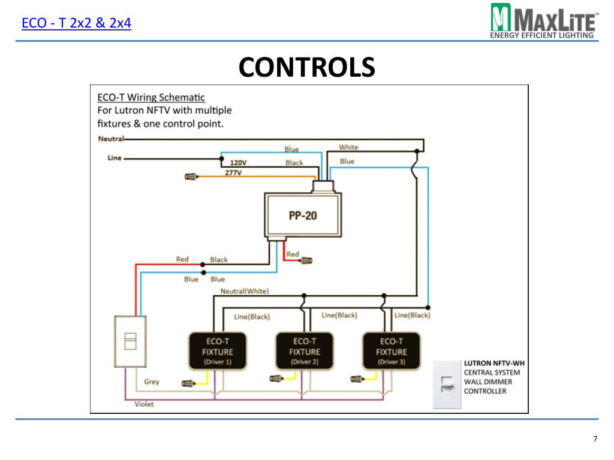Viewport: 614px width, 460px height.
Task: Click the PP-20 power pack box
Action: pyautogui.click(x=303, y=215)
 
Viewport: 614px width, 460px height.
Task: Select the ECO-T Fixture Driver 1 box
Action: pyautogui.click(x=218, y=351)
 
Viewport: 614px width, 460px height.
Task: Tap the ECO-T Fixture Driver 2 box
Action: pyautogui.click(x=305, y=351)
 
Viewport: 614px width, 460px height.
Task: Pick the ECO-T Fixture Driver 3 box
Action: pyautogui.click(x=392, y=351)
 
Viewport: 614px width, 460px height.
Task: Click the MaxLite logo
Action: pyautogui.click(x=544, y=21)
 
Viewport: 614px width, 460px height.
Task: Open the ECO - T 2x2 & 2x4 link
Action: pyautogui.click(x=76, y=23)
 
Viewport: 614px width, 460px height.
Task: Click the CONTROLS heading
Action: pyautogui.click(x=306, y=67)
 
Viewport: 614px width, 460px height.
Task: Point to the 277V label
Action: pyautogui.click(x=233, y=172)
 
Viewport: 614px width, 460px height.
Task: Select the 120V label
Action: pyautogui.click(x=238, y=163)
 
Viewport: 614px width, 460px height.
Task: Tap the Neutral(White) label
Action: pyautogui.click(x=245, y=291)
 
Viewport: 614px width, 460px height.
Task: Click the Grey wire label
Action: pyautogui.click(x=152, y=382)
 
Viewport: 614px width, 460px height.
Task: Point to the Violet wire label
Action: pyautogui.click(x=144, y=404)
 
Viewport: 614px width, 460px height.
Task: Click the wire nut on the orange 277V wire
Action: pyautogui.click(x=191, y=177)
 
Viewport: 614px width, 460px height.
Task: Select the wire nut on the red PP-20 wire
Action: pyautogui.click(x=306, y=260)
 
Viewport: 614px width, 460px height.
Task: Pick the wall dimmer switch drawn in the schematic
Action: pyautogui.click(x=130, y=341)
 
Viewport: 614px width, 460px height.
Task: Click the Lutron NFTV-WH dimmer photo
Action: pyautogui.click(x=447, y=385)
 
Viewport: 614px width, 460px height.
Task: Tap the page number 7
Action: pyautogui.click(x=595, y=438)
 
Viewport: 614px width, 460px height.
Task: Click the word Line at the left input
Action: pyautogui.click(x=115, y=158)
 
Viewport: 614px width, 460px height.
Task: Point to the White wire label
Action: pyautogui.click(x=348, y=147)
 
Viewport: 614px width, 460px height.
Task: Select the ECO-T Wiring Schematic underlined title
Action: pyautogui.click(x=151, y=97)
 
